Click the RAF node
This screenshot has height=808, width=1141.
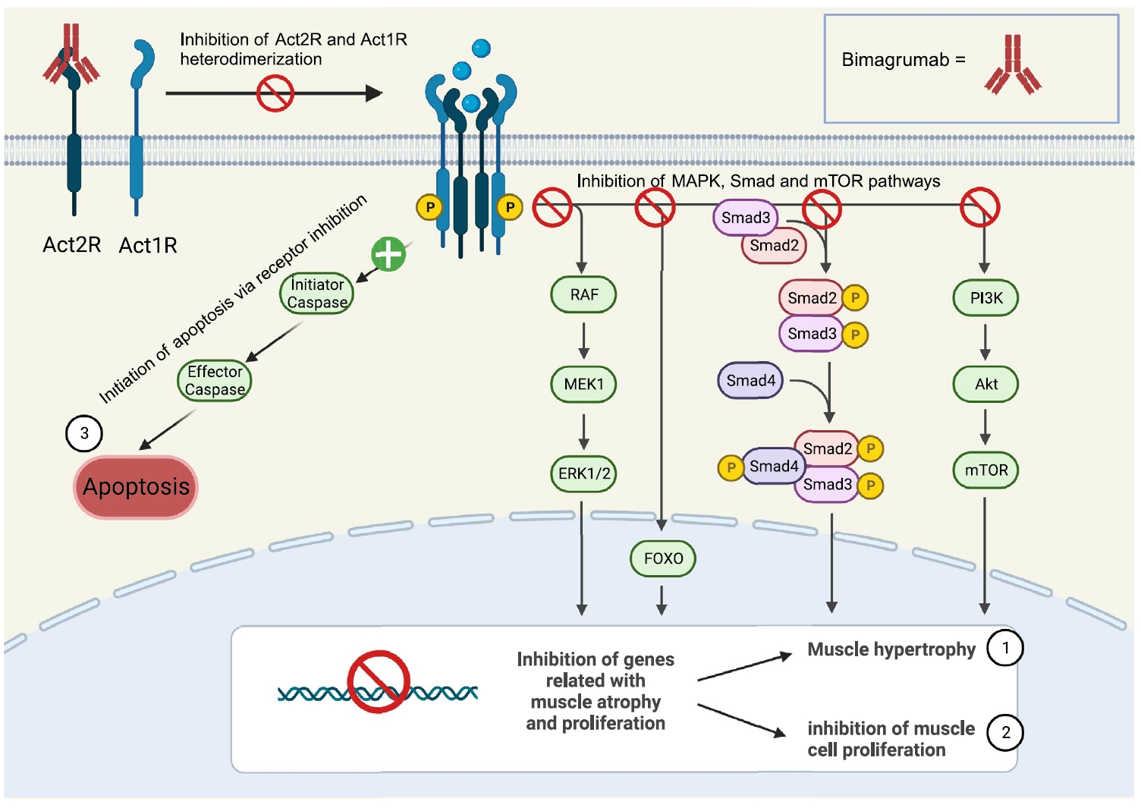(583, 294)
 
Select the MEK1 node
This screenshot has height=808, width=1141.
(583, 384)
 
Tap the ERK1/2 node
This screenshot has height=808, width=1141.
(583, 473)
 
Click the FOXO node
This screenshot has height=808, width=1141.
(663, 558)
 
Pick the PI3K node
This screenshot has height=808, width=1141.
(985, 298)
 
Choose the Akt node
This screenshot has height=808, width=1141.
(985, 384)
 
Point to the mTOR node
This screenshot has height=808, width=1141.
(985, 470)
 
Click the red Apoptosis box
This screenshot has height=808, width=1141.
(136, 487)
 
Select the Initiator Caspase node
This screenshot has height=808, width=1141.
(317, 294)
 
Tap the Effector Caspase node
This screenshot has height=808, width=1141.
(215, 381)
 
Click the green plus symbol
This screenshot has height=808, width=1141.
(388, 254)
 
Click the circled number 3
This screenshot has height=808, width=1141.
(84, 433)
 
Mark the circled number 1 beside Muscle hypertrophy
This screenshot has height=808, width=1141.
(1005, 648)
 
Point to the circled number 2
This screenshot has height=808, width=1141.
(1005, 733)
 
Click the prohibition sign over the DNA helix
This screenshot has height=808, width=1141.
(379, 681)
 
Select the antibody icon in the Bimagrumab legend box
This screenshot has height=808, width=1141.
(1013, 65)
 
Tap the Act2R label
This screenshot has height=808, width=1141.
(71, 245)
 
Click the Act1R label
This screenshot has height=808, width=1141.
(148, 246)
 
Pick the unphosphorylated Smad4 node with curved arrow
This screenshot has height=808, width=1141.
(750, 381)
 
